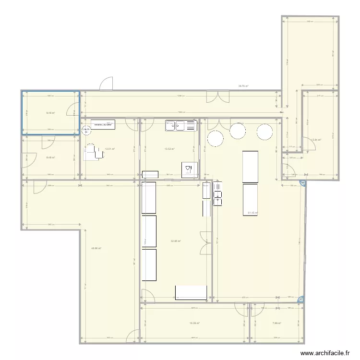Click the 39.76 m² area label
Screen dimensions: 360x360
click(x=243, y=86)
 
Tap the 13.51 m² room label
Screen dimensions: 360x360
click(x=109, y=149)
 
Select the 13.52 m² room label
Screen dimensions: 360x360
click(x=169, y=149)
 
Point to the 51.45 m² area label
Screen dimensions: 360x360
click(x=253, y=213)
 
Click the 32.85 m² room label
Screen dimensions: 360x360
click(x=176, y=241)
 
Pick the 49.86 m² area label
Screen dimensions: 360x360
click(x=96, y=248)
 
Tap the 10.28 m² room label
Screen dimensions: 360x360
click(x=194, y=323)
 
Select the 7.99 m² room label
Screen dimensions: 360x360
click(x=276, y=323)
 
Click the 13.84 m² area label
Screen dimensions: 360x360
click(x=316, y=140)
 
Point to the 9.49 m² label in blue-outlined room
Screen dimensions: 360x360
click(x=50, y=113)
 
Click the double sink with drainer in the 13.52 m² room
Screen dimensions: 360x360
click(x=181, y=126)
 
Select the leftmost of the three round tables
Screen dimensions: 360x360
click(x=215, y=138)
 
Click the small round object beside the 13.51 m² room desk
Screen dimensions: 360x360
click(x=86, y=130)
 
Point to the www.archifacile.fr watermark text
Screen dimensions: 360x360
click(x=325, y=353)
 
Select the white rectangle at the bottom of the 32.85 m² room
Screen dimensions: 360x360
click(x=191, y=292)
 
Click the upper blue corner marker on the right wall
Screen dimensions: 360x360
click(x=301, y=182)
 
